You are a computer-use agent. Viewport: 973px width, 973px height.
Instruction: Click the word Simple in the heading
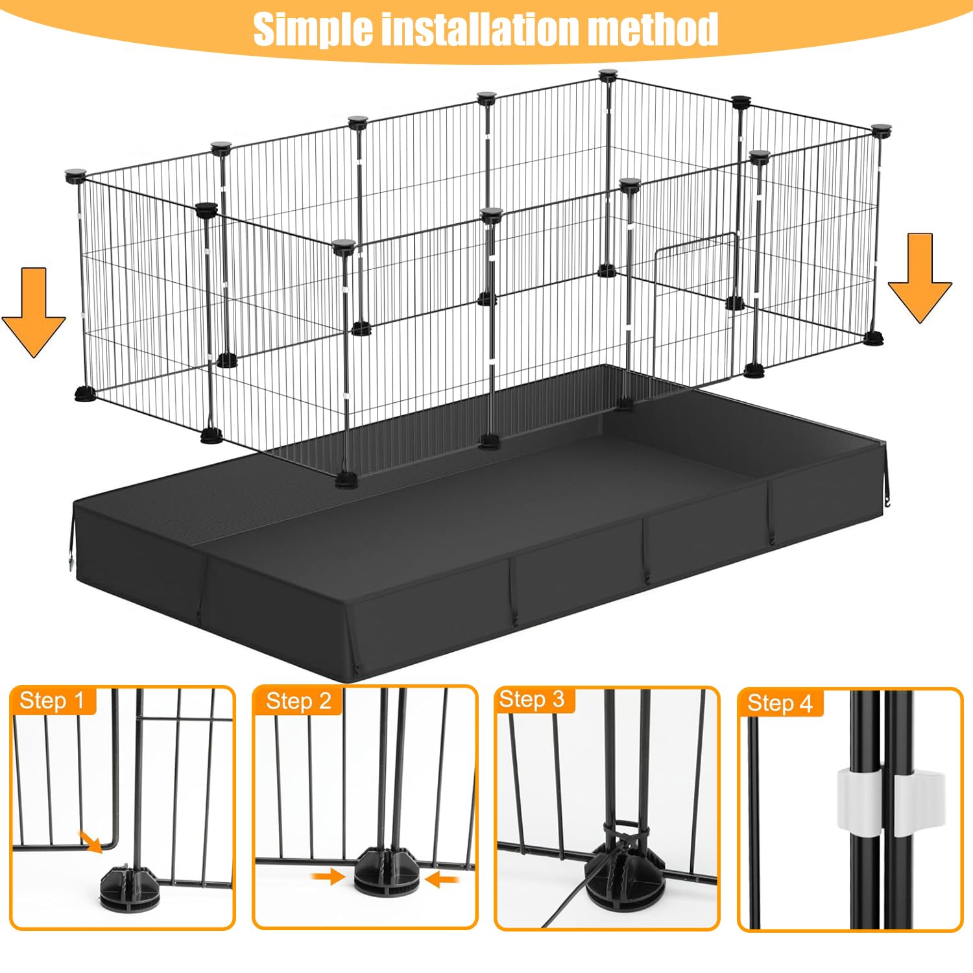312,29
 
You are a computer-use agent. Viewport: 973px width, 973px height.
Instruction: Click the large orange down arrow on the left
34,311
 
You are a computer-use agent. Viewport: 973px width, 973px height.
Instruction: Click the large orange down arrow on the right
920,278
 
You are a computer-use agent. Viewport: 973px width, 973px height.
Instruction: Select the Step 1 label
53,701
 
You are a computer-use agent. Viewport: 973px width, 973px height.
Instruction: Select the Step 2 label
298,701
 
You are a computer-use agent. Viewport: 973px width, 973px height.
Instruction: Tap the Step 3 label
532,699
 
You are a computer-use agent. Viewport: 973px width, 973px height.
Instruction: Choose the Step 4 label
780,703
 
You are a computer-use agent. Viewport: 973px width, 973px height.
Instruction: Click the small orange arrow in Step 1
91,841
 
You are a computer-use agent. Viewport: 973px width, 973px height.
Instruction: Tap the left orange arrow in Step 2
328,877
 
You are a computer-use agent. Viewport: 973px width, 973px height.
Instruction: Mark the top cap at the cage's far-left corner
74,175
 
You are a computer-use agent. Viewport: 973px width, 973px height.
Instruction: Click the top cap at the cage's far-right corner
881,130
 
